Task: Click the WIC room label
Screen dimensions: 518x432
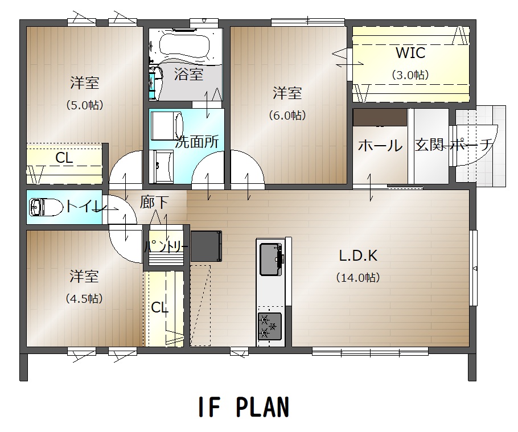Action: click(410, 53)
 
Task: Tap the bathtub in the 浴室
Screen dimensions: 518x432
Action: click(184, 46)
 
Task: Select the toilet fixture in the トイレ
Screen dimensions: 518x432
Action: click(46, 207)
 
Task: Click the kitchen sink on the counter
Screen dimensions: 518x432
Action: click(271, 260)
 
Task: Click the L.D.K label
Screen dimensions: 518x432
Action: click(358, 256)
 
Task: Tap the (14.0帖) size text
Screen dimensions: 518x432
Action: click(358, 277)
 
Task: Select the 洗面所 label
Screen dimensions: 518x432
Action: click(197, 142)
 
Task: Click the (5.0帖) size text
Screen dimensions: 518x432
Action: click(85, 105)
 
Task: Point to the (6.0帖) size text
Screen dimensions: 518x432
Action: click(287, 116)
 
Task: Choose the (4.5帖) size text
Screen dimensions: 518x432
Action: click(84, 299)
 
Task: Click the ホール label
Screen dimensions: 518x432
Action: click(380, 145)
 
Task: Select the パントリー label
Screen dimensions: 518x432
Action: click(166, 246)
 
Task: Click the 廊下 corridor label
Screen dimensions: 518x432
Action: click(154, 202)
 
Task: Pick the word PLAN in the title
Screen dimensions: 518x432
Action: click(262, 407)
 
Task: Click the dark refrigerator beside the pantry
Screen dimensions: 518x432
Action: click(206, 246)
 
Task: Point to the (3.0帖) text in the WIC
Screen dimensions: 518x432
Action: click(410, 75)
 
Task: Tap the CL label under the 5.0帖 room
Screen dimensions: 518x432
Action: click(64, 158)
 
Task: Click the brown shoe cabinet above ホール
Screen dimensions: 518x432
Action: click(380, 117)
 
